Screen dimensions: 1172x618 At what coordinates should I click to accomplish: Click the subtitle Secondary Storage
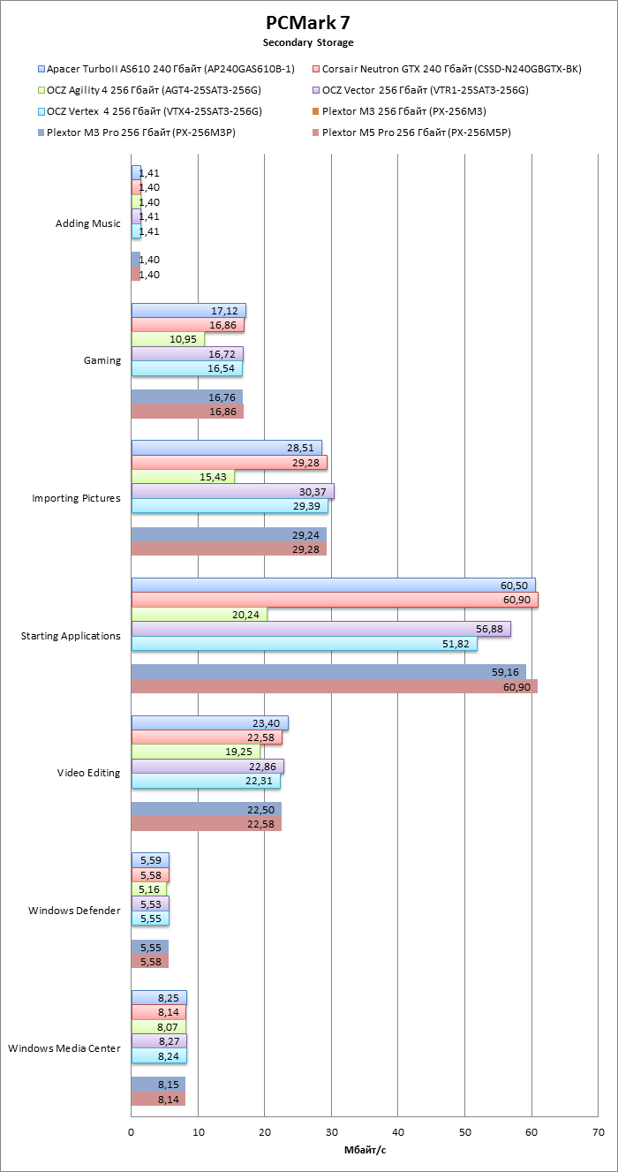tap(308, 42)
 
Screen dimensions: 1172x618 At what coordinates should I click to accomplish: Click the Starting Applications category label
tap(71, 636)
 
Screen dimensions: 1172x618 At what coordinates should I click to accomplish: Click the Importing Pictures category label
tap(76, 498)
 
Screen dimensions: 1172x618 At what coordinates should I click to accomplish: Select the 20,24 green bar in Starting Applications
tap(200, 615)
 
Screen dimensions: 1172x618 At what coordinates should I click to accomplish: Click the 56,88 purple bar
tap(320, 629)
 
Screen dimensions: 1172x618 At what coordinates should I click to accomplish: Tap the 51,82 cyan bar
tap(304, 643)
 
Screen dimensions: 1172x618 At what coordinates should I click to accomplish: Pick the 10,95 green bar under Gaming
tap(168, 339)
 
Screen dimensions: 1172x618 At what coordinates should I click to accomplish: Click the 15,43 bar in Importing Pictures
tap(183, 477)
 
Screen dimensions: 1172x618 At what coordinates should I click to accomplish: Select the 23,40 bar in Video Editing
tap(209, 723)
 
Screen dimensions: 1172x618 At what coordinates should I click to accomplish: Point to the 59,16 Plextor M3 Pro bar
tap(328, 672)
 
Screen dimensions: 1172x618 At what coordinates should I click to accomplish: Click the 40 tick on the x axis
tap(398, 1132)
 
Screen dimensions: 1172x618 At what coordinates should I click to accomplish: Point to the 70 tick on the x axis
tap(598, 1132)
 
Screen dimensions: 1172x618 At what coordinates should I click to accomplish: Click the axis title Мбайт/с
tap(365, 1150)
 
